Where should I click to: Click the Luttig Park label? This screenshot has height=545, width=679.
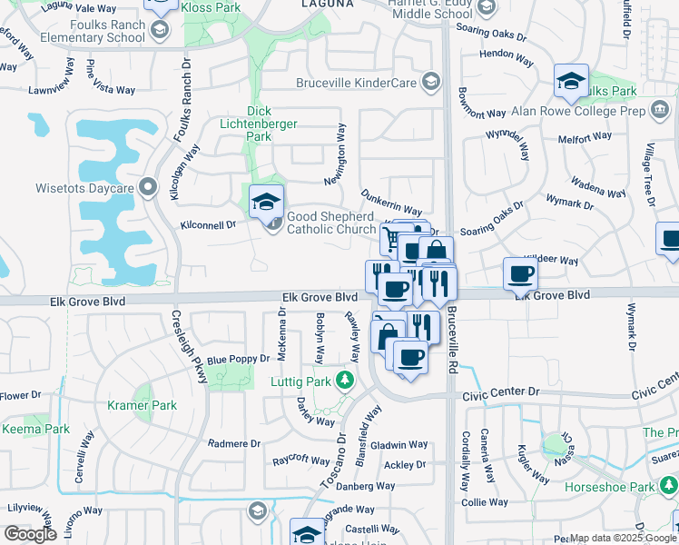pos(300,381)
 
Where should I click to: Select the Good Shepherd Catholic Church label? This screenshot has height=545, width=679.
pos(330,223)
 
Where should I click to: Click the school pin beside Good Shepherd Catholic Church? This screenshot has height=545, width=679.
pos(267,202)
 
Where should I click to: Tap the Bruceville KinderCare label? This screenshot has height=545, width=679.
pos(356,83)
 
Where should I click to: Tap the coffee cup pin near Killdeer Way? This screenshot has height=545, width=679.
pos(521,273)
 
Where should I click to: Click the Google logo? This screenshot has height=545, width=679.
pos(30,534)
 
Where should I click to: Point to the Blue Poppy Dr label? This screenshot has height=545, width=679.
pos(239,360)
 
